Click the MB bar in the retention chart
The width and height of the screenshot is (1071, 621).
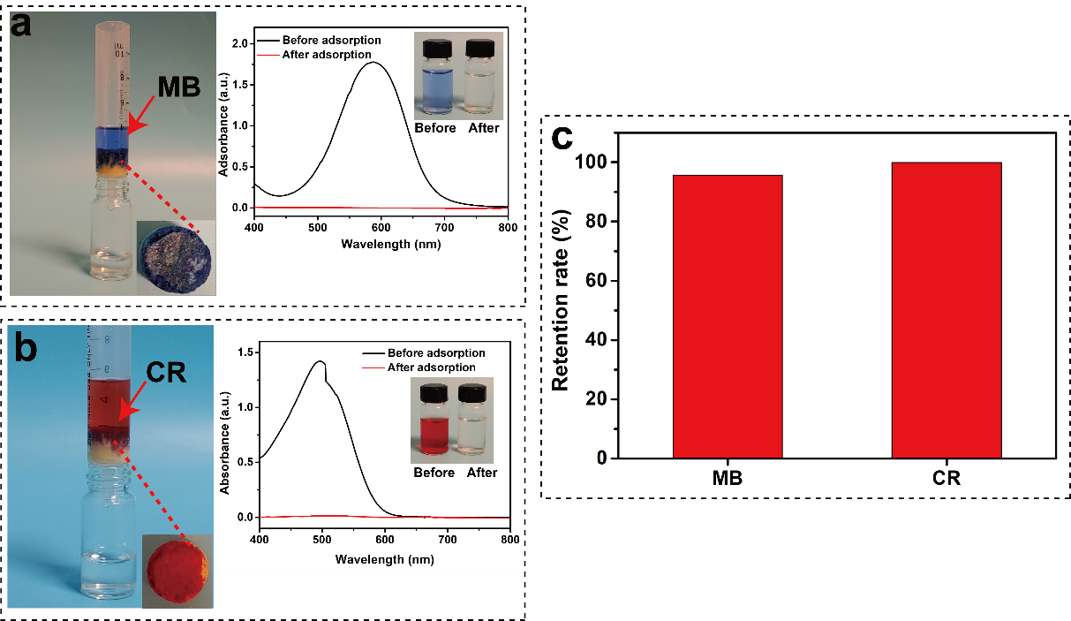(x=727, y=315)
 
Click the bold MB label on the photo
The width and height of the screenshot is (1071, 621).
(x=179, y=87)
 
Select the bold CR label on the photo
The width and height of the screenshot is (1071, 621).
(x=165, y=371)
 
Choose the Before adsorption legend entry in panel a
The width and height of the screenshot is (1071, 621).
(x=331, y=41)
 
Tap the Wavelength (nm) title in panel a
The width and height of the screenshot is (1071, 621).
(x=380, y=245)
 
